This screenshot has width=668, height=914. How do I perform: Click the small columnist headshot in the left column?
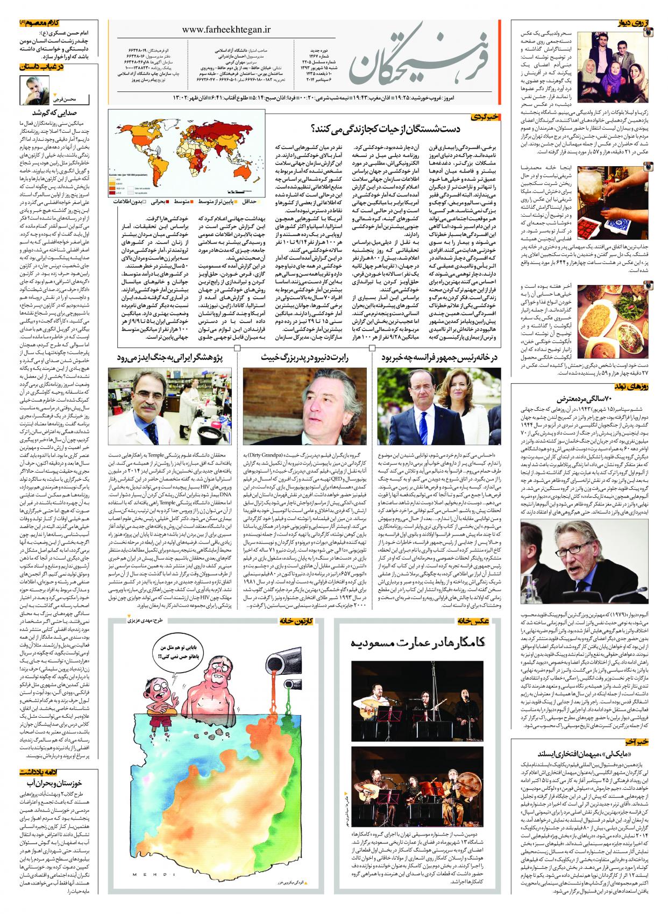[34, 89]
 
